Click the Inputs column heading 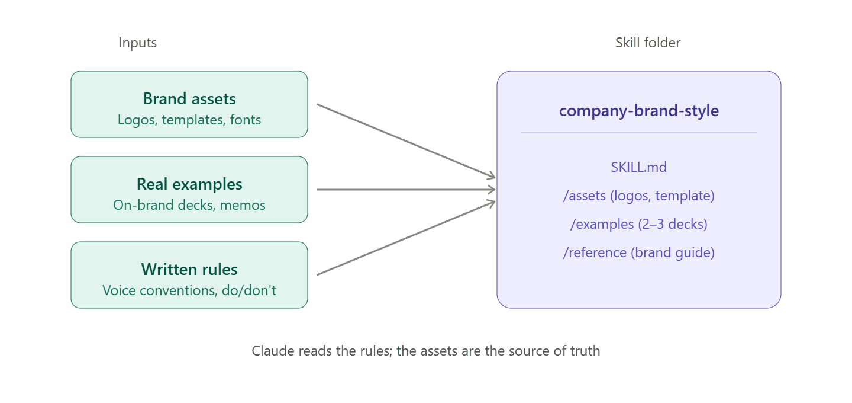[138, 43]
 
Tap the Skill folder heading [648, 43]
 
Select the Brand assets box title [189, 98]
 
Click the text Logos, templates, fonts [189, 120]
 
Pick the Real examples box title [189, 184]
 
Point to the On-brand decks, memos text [189, 205]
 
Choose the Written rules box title [189, 269]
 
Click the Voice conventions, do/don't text [189, 290]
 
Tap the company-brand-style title [639, 111]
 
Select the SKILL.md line [639, 167]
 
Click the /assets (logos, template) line [639, 196]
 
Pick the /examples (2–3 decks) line [639, 225]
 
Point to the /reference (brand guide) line [639, 252]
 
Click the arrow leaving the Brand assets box [406, 141]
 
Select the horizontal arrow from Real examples [406, 189]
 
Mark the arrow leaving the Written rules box [406, 238]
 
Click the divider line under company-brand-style [639, 133]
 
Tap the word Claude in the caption [273, 351]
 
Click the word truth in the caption [585, 351]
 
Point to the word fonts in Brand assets [246, 120]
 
